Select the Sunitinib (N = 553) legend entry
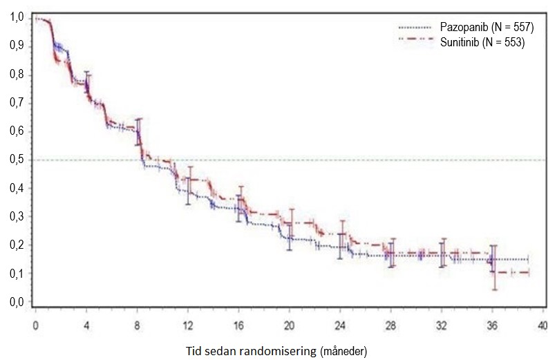point(482,42)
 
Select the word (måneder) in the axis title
point(341,350)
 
